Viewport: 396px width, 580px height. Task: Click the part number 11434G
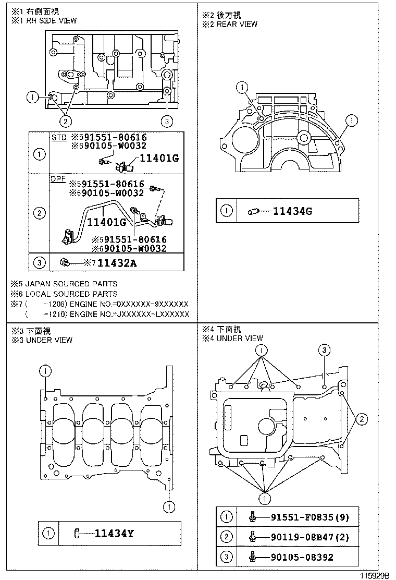point(293,211)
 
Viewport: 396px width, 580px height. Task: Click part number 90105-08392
point(302,557)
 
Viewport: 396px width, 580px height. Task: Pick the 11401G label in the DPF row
point(107,222)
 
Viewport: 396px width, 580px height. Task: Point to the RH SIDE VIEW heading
point(51,20)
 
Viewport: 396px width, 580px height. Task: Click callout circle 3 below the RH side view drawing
point(166,122)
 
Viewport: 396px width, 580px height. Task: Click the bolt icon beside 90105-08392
point(253,557)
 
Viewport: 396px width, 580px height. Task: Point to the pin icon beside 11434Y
point(77,533)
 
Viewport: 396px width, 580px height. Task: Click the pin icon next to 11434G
point(255,211)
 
